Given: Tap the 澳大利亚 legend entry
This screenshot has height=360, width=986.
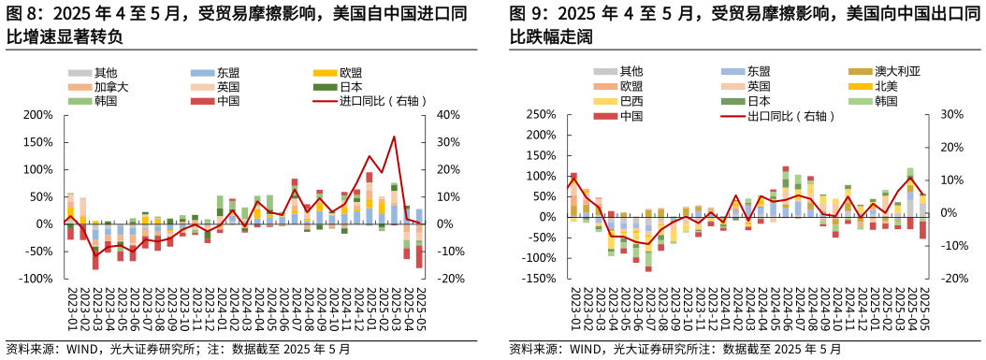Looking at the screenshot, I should (897, 71).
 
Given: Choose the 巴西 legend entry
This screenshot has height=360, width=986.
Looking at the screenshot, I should (631, 101).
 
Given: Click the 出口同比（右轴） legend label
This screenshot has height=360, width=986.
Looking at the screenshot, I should (790, 116).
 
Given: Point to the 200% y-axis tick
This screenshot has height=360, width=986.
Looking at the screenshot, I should (38, 115).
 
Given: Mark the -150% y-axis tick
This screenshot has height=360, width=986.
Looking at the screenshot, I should (541, 279).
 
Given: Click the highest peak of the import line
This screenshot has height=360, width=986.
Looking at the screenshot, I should (394, 137).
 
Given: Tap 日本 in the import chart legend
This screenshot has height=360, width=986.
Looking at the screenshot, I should (352, 87).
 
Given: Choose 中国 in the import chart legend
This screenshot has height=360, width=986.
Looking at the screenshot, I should (227, 101).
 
